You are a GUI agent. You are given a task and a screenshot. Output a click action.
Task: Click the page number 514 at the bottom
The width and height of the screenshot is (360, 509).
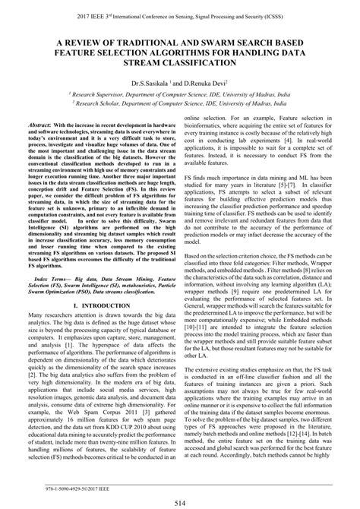(180, 502)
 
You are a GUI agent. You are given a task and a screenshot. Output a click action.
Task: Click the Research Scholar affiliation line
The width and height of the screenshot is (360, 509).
(180, 108)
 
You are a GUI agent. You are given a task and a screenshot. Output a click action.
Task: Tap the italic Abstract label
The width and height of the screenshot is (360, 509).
(43, 125)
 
